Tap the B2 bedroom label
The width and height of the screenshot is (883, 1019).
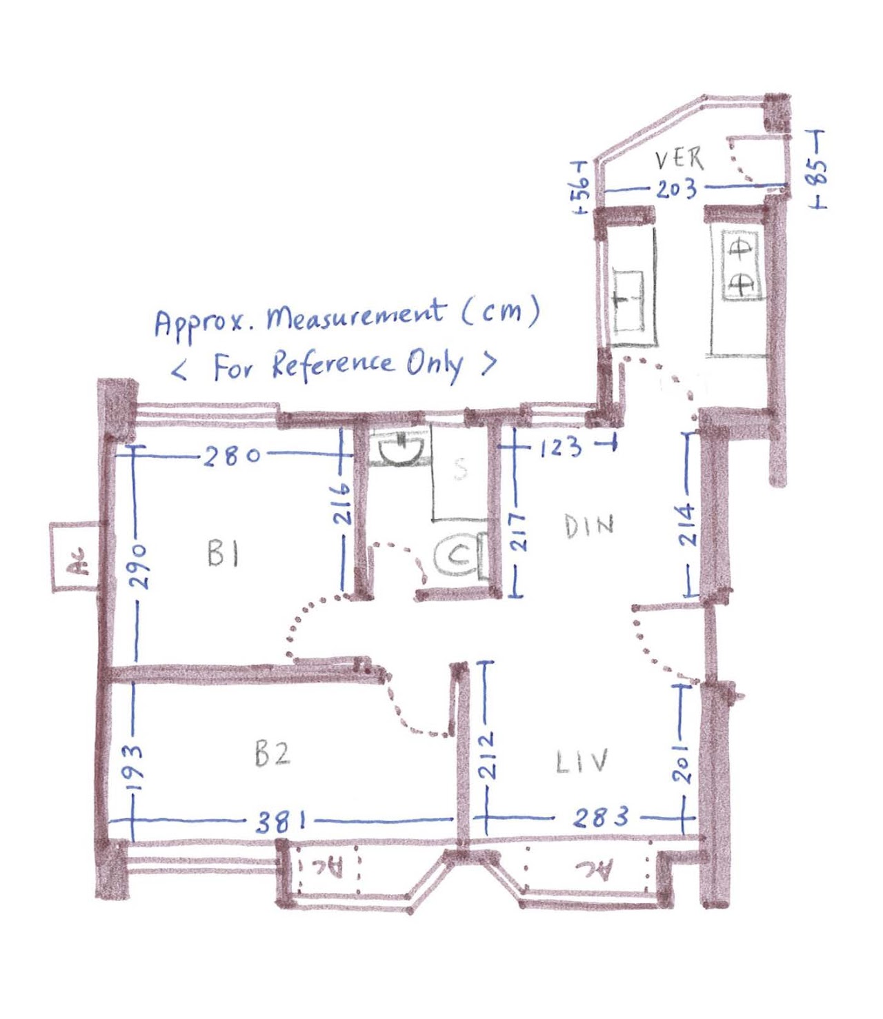click(x=272, y=754)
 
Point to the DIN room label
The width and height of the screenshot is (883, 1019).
click(x=589, y=526)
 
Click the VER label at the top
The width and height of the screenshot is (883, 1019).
click(x=679, y=160)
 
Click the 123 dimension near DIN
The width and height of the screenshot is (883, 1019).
click(x=561, y=447)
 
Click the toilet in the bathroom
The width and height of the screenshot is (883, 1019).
click(x=459, y=556)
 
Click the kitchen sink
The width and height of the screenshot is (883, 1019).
click(x=628, y=301)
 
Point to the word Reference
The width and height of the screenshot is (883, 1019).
click(x=333, y=365)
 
